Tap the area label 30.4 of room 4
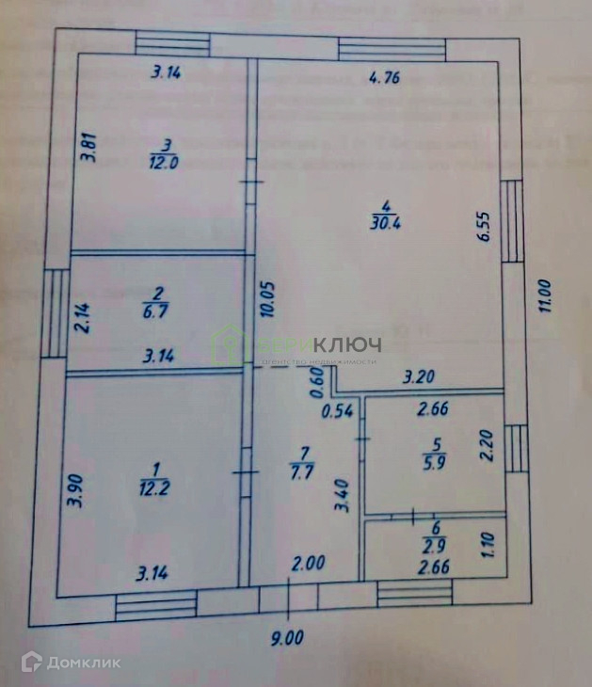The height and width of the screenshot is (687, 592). tap(385, 223)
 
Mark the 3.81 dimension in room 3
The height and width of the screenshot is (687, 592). tap(88, 149)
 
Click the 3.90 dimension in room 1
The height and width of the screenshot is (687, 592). tap(78, 490)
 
